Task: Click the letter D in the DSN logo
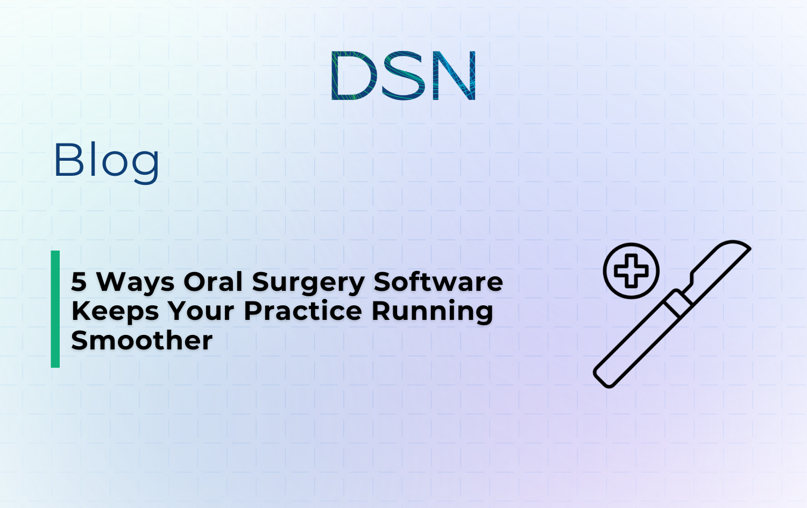(x=351, y=75)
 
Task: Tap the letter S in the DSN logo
(x=403, y=75)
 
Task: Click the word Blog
(x=107, y=160)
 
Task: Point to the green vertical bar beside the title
(x=55, y=309)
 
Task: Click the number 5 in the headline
(x=79, y=282)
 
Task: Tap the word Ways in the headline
(x=136, y=282)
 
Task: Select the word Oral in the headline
(x=213, y=282)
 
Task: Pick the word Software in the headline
(x=438, y=282)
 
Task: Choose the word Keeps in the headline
(x=115, y=312)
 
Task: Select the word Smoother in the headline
(x=142, y=340)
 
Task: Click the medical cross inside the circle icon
(x=631, y=270)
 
